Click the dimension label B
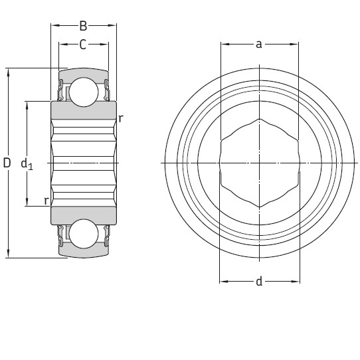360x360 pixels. click(83, 27)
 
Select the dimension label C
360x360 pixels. click(83, 45)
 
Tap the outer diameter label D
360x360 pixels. click(7, 163)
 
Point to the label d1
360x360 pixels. click(27, 163)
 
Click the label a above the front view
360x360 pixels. click(259, 45)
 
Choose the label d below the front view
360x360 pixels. click(259, 282)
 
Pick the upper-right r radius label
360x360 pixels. click(120, 118)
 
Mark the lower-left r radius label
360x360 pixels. click(46, 200)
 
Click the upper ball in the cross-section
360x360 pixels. click(84, 91)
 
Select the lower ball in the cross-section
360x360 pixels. click(84, 234)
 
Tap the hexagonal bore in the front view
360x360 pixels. click(259, 163)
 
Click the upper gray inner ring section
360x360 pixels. click(84, 110)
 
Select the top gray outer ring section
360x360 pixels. click(84, 72)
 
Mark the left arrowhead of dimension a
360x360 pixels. click(224, 45)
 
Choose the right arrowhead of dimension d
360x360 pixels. click(294, 282)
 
